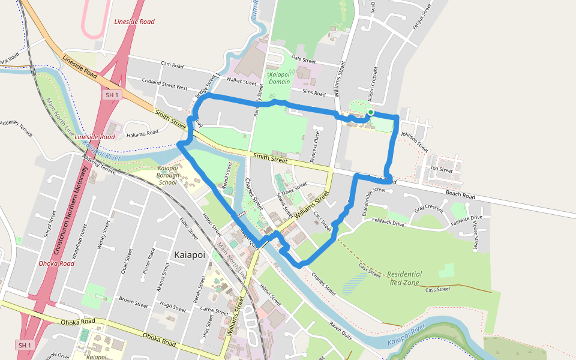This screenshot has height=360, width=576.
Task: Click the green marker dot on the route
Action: tap(371, 112)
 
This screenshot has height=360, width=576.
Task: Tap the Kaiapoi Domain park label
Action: tap(279, 77)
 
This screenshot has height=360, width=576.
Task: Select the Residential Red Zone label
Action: tap(406, 278)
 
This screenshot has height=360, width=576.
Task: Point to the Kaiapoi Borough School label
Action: tap(168, 175)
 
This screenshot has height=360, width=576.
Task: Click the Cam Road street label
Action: tap(172, 64)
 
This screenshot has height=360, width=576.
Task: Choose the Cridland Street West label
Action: tap(164, 84)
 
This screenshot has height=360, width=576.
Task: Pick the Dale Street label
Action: tap(304, 61)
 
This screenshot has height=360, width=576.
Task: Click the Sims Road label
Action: tap(314, 94)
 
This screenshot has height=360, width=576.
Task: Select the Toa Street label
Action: tap(442, 170)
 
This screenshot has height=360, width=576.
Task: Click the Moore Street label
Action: tap(475, 235)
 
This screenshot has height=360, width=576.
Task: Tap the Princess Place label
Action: tap(314, 147)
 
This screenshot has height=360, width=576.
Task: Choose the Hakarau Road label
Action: tap(142, 133)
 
